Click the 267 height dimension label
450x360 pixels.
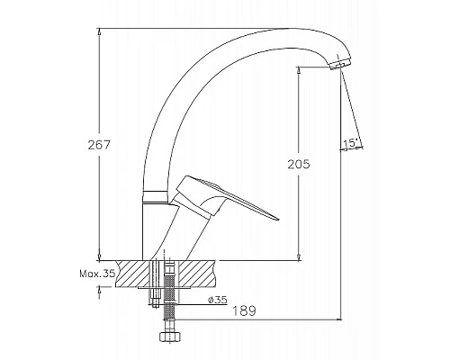point(99,145)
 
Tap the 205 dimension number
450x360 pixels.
point(299,164)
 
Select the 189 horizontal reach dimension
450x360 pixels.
point(245,310)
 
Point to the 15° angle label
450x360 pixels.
point(350,143)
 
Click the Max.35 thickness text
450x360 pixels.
point(97,274)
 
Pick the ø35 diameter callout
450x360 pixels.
point(217,300)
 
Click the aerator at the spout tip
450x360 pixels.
point(339,64)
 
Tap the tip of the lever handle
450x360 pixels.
point(278,219)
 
